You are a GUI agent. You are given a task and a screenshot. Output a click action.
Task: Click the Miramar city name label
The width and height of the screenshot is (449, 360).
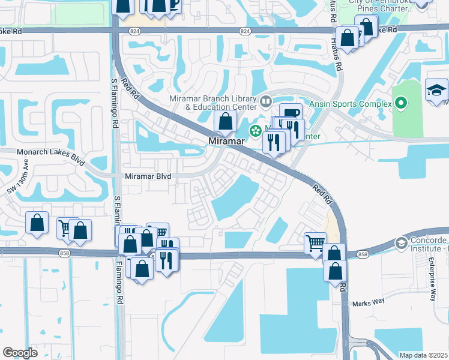click(x=227, y=140)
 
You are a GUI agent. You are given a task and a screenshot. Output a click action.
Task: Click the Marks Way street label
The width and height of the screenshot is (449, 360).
click(x=368, y=302)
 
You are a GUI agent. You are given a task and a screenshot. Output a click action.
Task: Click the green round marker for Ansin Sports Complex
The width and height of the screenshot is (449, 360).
click(x=402, y=104)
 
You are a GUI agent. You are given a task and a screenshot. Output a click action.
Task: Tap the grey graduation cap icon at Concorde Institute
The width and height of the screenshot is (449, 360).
click(x=400, y=243)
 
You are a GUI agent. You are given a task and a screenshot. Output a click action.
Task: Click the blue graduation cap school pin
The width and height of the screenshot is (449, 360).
click(x=436, y=91)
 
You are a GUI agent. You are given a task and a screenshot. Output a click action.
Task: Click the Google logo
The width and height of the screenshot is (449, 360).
click(x=20, y=352)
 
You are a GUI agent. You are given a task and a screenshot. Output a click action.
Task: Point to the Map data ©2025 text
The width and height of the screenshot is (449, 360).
click(x=423, y=355)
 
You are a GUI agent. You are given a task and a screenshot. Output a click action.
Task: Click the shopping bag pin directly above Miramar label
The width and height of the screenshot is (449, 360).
click(x=225, y=122)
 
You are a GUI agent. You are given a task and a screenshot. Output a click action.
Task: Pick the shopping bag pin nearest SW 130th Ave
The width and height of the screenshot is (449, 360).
click(x=37, y=223)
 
